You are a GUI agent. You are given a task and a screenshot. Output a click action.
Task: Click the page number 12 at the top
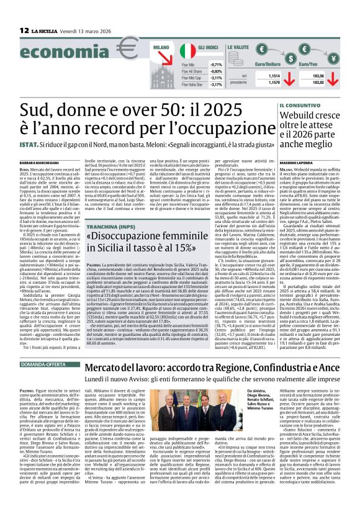23,30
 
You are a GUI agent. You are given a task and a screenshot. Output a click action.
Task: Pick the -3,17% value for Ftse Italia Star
216,84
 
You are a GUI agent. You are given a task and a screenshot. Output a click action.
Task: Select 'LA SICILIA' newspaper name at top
45,30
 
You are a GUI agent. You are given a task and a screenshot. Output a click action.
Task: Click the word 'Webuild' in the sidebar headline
297,115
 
